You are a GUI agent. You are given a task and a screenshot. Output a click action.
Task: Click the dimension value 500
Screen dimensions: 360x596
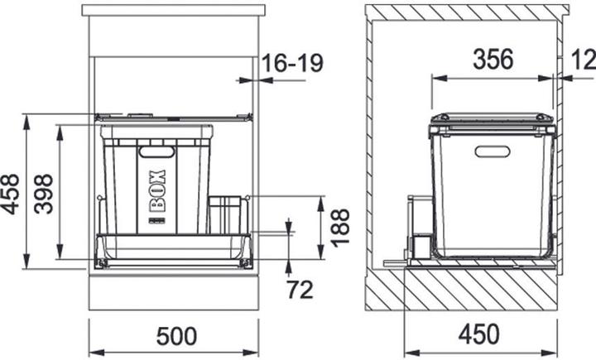click(176, 336)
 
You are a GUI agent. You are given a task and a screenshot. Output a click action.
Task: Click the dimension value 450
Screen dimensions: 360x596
click(479, 334)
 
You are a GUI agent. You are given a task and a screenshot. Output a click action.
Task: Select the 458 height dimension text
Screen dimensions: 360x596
click(11, 194)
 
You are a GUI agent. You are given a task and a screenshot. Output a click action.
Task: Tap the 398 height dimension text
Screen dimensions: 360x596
click(43, 194)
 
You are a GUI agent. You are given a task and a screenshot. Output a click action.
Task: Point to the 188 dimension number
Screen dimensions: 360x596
click(339, 227)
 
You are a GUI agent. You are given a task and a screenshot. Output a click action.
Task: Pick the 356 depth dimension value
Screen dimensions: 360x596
click(493, 60)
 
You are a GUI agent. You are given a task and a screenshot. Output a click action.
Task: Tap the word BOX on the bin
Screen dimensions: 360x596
click(157, 190)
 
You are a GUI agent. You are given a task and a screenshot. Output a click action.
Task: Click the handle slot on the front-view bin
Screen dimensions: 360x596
click(156, 151)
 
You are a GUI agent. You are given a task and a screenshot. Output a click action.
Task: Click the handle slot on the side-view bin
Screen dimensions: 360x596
click(493, 151)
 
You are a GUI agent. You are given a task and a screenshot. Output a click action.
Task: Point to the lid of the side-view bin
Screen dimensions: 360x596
click(492, 122)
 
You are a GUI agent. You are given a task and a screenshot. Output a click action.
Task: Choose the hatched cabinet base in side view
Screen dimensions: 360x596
click(480, 290)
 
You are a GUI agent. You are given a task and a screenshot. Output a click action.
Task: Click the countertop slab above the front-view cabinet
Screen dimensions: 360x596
click(174, 11)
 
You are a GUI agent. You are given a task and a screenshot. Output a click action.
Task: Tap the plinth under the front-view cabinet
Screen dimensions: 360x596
click(174, 291)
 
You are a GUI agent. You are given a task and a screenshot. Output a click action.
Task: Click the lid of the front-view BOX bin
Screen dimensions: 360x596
click(157, 130)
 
